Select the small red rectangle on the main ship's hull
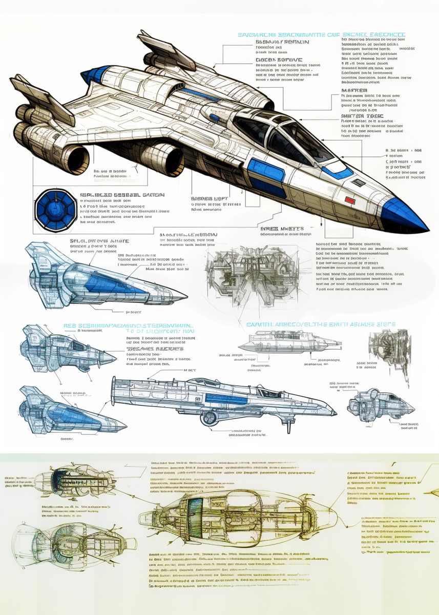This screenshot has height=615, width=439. click(x=350, y=199)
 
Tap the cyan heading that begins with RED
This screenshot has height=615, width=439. click(x=128, y=325)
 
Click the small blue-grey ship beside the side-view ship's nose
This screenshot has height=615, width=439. click(x=379, y=407)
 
